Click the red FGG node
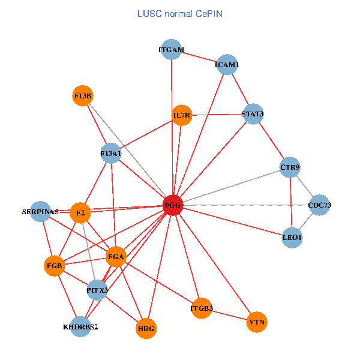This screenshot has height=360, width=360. pos(173,205)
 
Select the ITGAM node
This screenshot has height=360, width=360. pos(172,50)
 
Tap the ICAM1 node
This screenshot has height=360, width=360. pos(227,64)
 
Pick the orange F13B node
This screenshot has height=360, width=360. pos(83,95)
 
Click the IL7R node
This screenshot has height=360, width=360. pos(182,115)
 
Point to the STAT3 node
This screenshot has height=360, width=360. pos(253,113)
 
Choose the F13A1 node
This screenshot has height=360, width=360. pos(111,154)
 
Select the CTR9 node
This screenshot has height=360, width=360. pos(290,167)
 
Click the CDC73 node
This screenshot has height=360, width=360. pos(319,205)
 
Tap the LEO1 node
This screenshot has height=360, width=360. pos(292,238)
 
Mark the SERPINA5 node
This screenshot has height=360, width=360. pos(40,211)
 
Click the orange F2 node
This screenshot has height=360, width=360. pos(80,212)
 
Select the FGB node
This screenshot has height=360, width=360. pos(55,265)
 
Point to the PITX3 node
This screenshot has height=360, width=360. pos(97,290)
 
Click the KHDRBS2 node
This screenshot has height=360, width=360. pos(80,327)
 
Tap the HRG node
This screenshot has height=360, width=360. pos(146,328)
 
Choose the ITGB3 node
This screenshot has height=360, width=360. pos(202,308)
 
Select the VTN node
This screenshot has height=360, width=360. pos(257,322)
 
